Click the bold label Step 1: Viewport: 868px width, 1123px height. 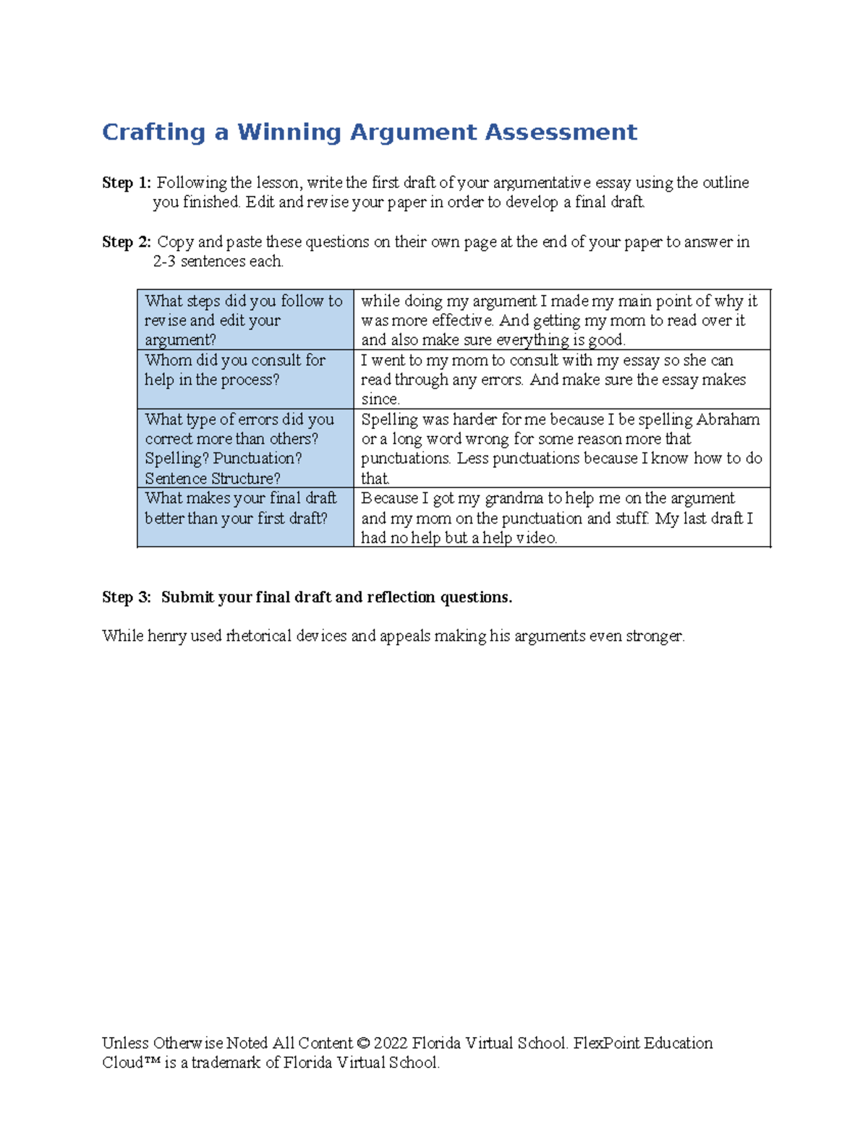tap(127, 183)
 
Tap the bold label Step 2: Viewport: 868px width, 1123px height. tap(127, 242)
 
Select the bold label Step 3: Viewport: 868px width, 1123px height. tap(127, 597)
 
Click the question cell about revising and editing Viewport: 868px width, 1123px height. tap(244, 320)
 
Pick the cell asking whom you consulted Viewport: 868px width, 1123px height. tap(244, 379)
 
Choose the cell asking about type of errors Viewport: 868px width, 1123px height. tap(244, 448)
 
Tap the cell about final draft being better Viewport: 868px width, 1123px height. tap(244, 517)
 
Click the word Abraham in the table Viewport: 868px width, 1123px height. tap(728, 419)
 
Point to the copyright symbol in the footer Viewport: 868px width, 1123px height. tap(363, 1043)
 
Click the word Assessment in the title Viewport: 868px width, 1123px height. tap(561, 132)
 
